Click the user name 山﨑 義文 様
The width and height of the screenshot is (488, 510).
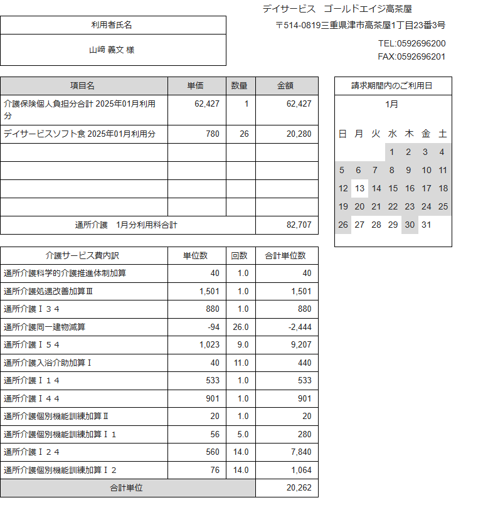coord(112,50)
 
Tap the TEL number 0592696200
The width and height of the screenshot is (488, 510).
coord(411,43)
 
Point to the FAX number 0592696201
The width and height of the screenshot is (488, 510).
coord(411,57)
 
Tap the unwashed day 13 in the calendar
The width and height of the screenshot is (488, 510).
coord(359,188)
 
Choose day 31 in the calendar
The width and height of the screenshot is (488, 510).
coord(427,225)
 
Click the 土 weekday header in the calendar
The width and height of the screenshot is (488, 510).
coord(443,134)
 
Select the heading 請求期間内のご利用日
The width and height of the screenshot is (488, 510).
coord(392,86)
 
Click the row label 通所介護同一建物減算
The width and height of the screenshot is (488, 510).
coord(45,327)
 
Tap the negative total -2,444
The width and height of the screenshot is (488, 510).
coord(299,327)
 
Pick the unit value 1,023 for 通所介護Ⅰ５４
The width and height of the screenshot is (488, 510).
coord(210,344)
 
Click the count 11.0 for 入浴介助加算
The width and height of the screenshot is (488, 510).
coord(242,363)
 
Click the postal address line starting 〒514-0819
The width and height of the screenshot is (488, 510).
coord(361,26)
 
